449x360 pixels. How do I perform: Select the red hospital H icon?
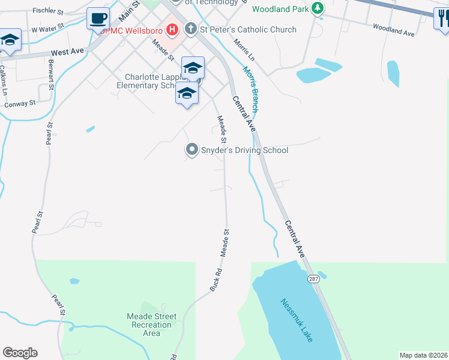(172, 29)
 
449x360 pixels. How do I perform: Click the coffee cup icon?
(98, 18)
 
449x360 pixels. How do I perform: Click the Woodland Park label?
(280, 9)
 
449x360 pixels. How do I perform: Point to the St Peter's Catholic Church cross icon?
(190, 29)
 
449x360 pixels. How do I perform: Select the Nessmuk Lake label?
(297, 320)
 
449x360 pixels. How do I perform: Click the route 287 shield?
(314, 279)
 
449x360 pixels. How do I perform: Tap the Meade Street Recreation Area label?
(152, 325)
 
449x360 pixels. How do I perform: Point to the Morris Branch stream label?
(251, 89)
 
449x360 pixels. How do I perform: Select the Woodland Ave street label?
(393, 30)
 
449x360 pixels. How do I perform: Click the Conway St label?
(20, 104)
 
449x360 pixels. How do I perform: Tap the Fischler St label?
(48, 10)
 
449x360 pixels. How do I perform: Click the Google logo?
(20, 353)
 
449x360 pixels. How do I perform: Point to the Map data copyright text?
(423, 355)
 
